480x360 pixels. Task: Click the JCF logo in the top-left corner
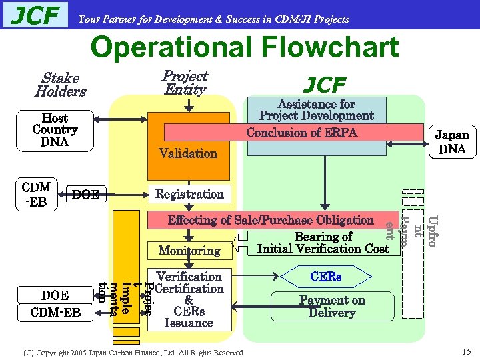[x=36, y=15]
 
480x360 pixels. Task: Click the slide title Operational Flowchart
[x=244, y=48]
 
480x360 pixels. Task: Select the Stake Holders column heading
[x=60, y=85]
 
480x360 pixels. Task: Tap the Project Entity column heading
[x=185, y=83]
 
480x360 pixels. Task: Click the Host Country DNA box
[x=55, y=130]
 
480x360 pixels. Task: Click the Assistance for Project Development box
[x=316, y=110]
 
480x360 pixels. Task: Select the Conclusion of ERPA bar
[x=301, y=133]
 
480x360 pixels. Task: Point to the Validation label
[x=188, y=153]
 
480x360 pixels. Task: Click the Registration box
[x=189, y=194]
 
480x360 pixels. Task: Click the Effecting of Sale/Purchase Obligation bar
[x=271, y=220]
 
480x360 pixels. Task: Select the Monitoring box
[x=189, y=251]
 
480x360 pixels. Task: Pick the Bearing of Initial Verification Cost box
[x=323, y=243]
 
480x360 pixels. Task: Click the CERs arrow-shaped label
[x=325, y=276]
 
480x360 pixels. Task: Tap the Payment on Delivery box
[x=331, y=307]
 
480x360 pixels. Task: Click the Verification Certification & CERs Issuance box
[x=189, y=300]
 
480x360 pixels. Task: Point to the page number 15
[x=465, y=351]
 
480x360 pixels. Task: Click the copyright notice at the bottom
[x=134, y=352]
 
